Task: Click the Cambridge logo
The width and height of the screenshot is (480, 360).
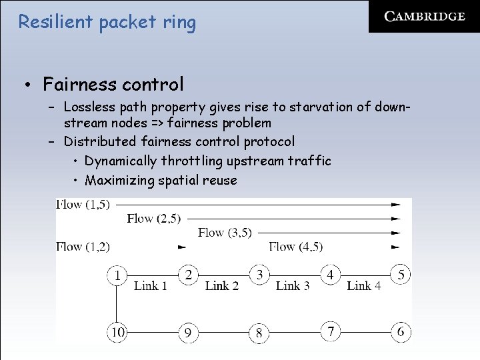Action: pyautogui.click(x=424, y=17)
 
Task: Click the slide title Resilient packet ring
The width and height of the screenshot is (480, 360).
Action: pyautogui.click(x=107, y=22)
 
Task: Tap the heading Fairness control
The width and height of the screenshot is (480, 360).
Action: pyautogui.click(x=113, y=85)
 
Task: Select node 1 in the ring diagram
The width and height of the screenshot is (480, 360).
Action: pyautogui.click(x=118, y=275)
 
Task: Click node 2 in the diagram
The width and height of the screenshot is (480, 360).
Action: pyautogui.click(x=189, y=275)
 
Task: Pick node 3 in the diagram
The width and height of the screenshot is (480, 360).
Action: pyautogui.click(x=259, y=275)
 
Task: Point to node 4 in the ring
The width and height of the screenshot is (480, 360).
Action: pyautogui.click(x=330, y=275)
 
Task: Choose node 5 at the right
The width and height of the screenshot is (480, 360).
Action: pyautogui.click(x=401, y=275)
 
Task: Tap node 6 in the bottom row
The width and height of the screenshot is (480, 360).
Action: pyautogui.click(x=401, y=331)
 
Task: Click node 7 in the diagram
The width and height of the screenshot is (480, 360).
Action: pyautogui.click(x=330, y=331)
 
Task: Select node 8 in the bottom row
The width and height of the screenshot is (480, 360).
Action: pyautogui.click(x=259, y=332)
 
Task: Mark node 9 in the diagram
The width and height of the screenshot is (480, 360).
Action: pyautogui.click(x=189, y=332)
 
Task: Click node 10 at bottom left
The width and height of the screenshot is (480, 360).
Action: pyautogui.click(x=118, y=331)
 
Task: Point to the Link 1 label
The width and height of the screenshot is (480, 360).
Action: pyautogui.click(x=151, y=286)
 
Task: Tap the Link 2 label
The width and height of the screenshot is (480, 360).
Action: pyautogui.click(x=222, y=286)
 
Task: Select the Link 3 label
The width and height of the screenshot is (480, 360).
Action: pyautogui.click(x=293, y=286)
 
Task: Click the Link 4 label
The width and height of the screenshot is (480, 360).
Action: pyautogui.click(x=364, y=286)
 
